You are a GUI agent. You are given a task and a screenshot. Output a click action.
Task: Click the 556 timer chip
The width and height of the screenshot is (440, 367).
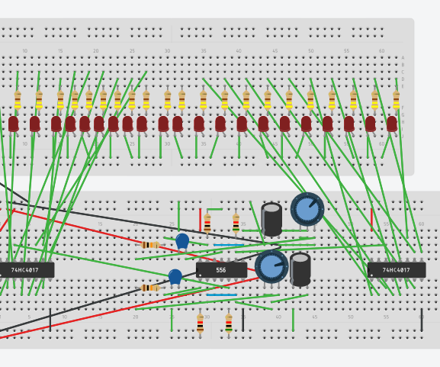click(x=221, y=270)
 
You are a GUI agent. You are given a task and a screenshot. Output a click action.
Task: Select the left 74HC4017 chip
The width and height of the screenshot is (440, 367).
click(x=27, y=270)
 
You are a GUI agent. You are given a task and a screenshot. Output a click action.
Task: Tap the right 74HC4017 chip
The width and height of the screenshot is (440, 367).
click(x=397, y=270)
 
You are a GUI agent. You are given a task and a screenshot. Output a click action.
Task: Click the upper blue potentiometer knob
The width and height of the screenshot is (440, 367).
click(x=307, y=209)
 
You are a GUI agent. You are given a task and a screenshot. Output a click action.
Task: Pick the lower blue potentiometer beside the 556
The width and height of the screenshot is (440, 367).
click(x=271, y=266)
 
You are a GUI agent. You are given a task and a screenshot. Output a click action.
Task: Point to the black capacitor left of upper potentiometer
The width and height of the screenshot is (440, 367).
click(x=271, y=219)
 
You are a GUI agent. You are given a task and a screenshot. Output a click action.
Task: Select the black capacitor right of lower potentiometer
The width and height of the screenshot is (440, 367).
click(x=300, y=269)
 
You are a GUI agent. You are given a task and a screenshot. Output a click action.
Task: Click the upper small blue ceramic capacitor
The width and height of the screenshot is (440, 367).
click(x=182, y=241)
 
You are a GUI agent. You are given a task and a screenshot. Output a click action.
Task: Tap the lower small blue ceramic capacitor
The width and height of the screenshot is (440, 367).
click(x=175, y=277)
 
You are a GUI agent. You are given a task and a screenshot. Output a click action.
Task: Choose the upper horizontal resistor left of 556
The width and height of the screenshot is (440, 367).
click(x=150, y=245)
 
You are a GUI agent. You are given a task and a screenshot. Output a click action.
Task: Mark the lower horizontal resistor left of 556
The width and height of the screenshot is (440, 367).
click(x=149, y=288)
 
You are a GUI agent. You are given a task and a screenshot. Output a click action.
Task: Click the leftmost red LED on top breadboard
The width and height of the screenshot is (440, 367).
click(x=13, y=124)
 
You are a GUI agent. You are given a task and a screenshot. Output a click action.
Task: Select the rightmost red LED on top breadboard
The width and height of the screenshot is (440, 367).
click(x=392, y=124)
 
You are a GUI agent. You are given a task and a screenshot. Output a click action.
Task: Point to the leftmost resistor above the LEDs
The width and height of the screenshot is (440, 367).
click(x=18, y=100)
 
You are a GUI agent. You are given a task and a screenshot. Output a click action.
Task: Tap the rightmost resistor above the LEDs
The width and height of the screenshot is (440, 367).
click(x=396, y=100)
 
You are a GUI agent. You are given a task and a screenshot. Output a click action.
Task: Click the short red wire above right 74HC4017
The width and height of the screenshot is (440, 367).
click(x=371, y=220)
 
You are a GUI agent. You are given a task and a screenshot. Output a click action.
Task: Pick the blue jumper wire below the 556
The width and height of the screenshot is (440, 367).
click(x=221, y=295)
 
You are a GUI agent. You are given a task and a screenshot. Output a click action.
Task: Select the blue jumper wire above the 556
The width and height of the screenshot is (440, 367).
click(x=229, y=245)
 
